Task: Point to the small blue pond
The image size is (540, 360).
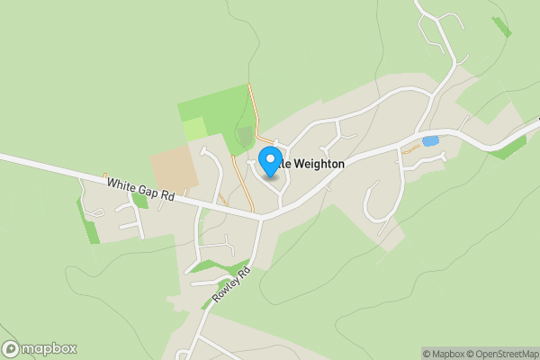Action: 430,141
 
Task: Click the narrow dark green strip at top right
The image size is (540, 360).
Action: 500,26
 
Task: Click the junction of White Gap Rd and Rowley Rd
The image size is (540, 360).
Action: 260,217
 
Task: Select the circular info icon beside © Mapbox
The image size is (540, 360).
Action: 416,354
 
